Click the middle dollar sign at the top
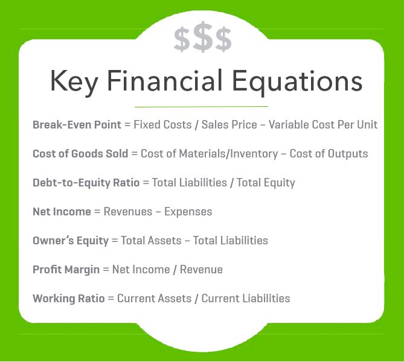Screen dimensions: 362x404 click(x=203, y=39)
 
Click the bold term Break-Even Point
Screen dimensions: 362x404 click(x=76, y=125)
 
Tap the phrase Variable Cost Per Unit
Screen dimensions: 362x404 click(x=323, y=125)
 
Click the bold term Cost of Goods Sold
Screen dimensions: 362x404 click(x=80, y=154)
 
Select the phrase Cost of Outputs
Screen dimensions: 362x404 click(x=329, y=154)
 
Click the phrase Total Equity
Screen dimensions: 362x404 click(x=266, y=183)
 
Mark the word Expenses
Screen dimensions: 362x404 click(x=188, y=212)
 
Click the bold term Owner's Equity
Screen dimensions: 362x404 click(x=71, y=241)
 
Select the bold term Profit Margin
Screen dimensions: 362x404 click(x=66, y=270)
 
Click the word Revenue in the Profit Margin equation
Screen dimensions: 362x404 click(x=202, y=270)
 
